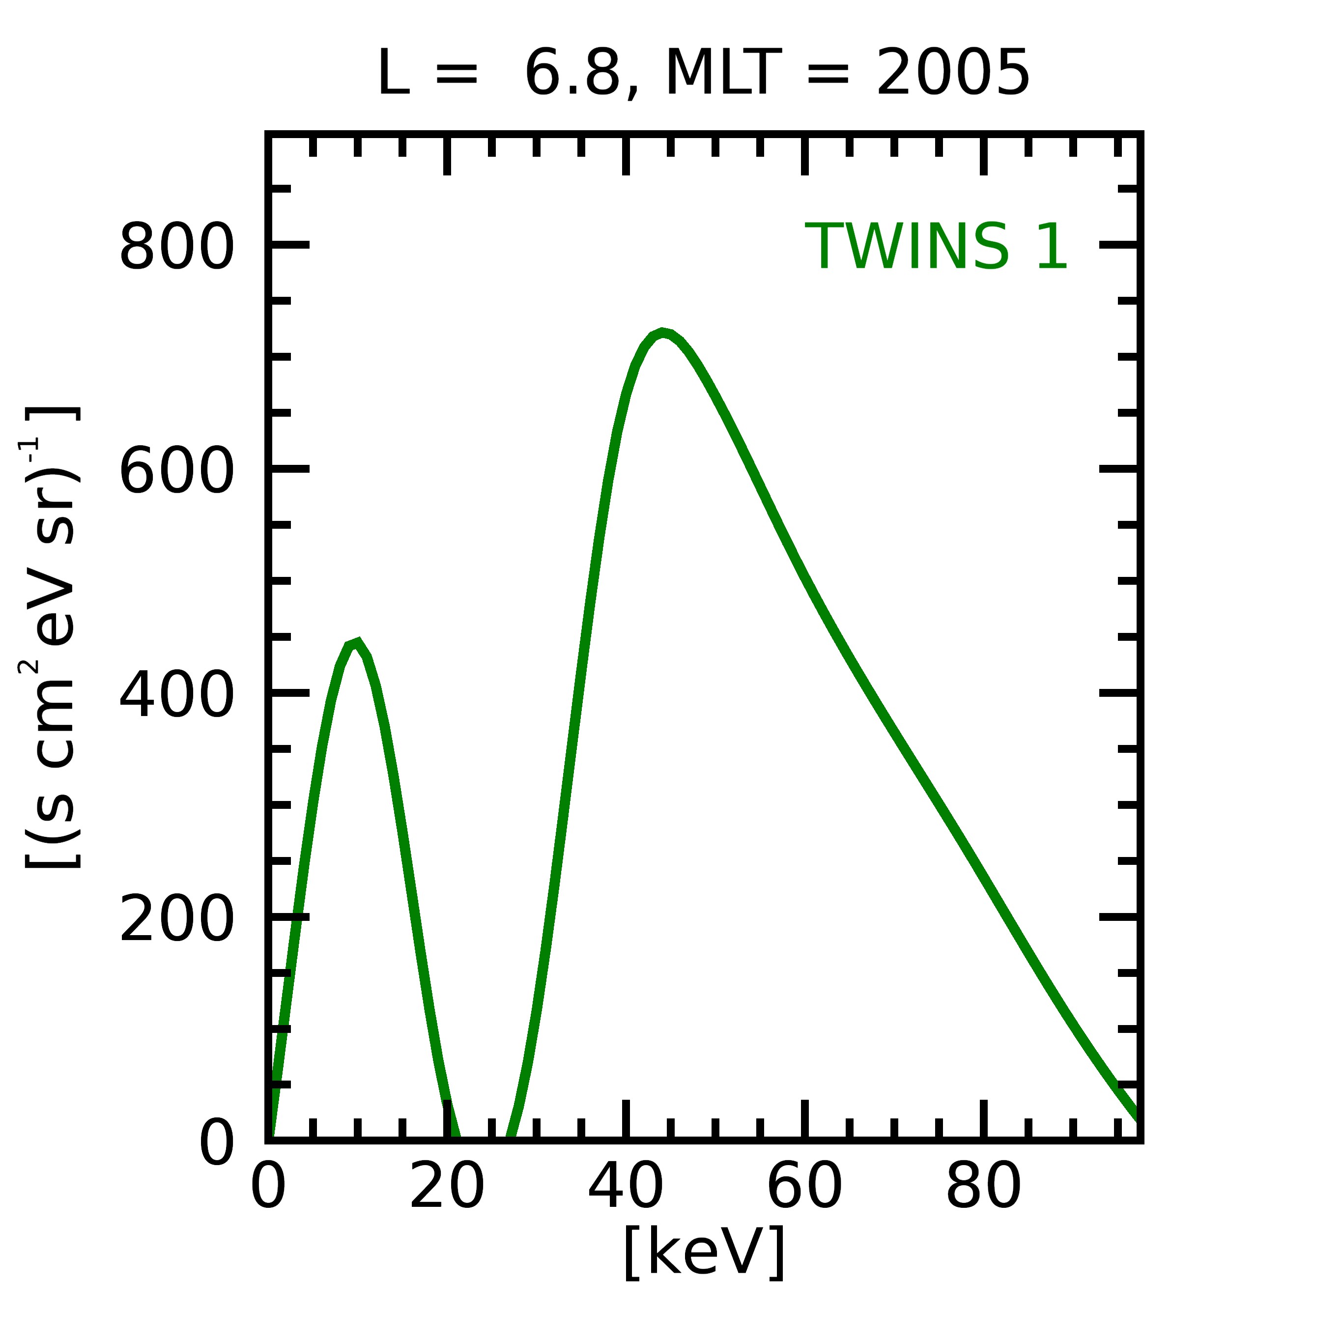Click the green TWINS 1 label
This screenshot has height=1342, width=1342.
[x=936, y=247]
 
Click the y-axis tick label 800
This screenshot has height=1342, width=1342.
[x=176, y=247]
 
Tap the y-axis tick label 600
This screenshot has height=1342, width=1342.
[x=176, y=470]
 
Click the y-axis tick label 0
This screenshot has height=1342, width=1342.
[x=217, y=1142]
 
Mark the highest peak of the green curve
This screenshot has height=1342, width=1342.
[x=663, y=333]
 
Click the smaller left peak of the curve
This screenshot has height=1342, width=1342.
[x=356, y=643]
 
